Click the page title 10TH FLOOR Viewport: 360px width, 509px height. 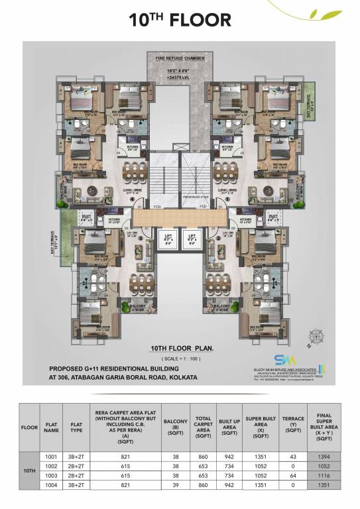click(x=180, y=19)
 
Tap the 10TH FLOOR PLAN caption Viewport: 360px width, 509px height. click(x=180, y=347)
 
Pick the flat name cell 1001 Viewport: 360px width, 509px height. click(x=52, y=457)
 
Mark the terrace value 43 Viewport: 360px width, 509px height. click(x=292, y=457)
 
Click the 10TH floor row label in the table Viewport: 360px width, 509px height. click(x=29, y=471)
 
